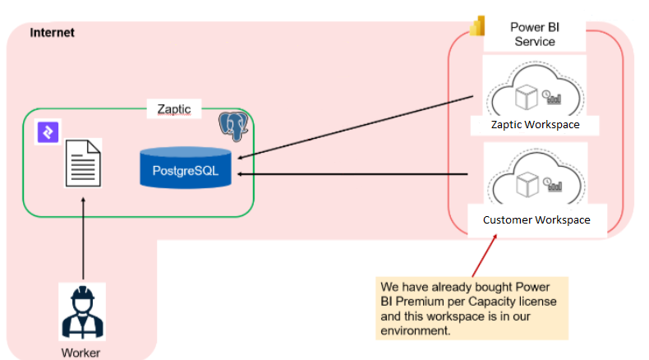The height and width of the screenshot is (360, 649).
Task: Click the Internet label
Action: (x=53, y=33)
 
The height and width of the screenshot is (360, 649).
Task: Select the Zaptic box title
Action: (x=173, y=108)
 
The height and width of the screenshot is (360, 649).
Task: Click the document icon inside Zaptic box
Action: (x=83, y=162)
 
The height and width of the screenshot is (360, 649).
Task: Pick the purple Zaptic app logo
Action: (x=47, y=132)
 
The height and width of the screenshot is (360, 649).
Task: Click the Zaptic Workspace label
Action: (x=535, y=125)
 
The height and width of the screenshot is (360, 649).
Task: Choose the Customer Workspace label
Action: (x=536, y=219)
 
